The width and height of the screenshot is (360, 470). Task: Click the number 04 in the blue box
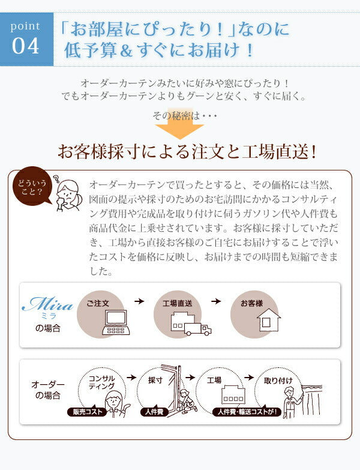coord(25,46)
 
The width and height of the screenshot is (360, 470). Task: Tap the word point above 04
coord(25,26)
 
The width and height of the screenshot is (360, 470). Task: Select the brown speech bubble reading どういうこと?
coord(32,187)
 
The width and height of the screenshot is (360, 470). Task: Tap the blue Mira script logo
coord(47,304)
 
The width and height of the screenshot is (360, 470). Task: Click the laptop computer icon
coord(116,322)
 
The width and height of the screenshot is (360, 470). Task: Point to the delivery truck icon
coord(198,329)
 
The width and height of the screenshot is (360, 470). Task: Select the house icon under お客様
coord(269,320)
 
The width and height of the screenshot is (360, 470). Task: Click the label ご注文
coord(98,303)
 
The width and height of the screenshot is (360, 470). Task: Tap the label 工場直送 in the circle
coord(178,303)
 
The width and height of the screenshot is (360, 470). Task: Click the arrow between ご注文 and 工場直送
coord(139,301)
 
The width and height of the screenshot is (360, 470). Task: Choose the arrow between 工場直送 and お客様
coord(216,301)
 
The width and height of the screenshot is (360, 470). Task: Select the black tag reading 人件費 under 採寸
coord(154,412)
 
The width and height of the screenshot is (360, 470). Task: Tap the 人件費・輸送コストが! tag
coord(247,412)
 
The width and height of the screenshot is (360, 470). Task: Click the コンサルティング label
coord(102,382)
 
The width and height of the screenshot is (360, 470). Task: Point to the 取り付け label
coord(278,381)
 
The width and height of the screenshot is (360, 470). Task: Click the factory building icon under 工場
coord(233,394)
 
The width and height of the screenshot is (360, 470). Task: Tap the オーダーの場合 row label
coord(48,390)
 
